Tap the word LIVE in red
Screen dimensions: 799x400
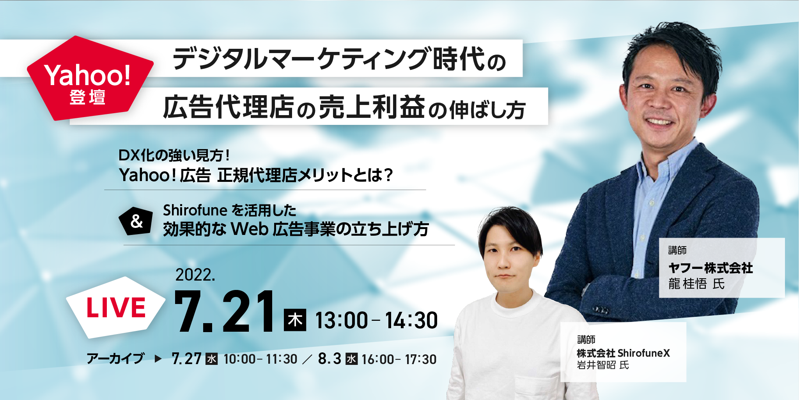point(116,308)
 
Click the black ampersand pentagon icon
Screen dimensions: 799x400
point(136,221)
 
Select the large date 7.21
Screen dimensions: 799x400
point(225,311)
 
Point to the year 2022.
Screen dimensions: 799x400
point(195,275)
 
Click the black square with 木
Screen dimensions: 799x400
point(295,320)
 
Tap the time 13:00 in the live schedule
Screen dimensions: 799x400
point(342,320)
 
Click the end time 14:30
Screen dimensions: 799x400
point(411,320)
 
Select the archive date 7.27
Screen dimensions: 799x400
point(186,359)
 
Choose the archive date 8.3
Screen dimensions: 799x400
point(330,359)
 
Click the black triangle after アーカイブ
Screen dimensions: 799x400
point(158,359)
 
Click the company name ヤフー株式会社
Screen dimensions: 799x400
point(710,268)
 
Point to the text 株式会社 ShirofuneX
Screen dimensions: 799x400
point(623,353)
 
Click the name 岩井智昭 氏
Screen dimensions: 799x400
point(603,365)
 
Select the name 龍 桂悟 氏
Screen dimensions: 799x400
point(696,284)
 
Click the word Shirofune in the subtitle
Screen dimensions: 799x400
point(195,210)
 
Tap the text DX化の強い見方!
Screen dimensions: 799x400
point(174,155)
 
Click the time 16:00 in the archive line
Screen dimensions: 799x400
point(378,359)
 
